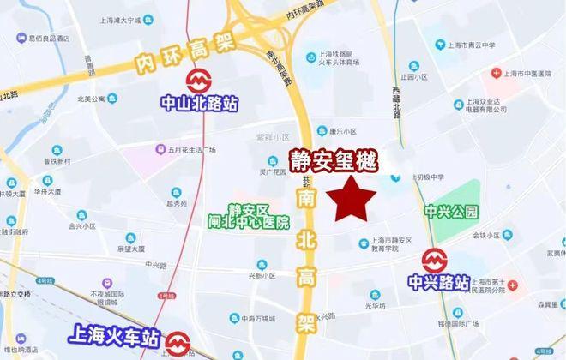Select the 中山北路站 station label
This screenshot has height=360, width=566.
click(x=200, y=104)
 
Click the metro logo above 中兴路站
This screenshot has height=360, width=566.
click(x=435, y=260)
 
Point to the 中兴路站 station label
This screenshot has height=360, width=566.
click(x=437, y=281)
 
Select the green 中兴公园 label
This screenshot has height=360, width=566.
click(x=450, y=211)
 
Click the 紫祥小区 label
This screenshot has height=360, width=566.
click(x=274, y=137)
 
